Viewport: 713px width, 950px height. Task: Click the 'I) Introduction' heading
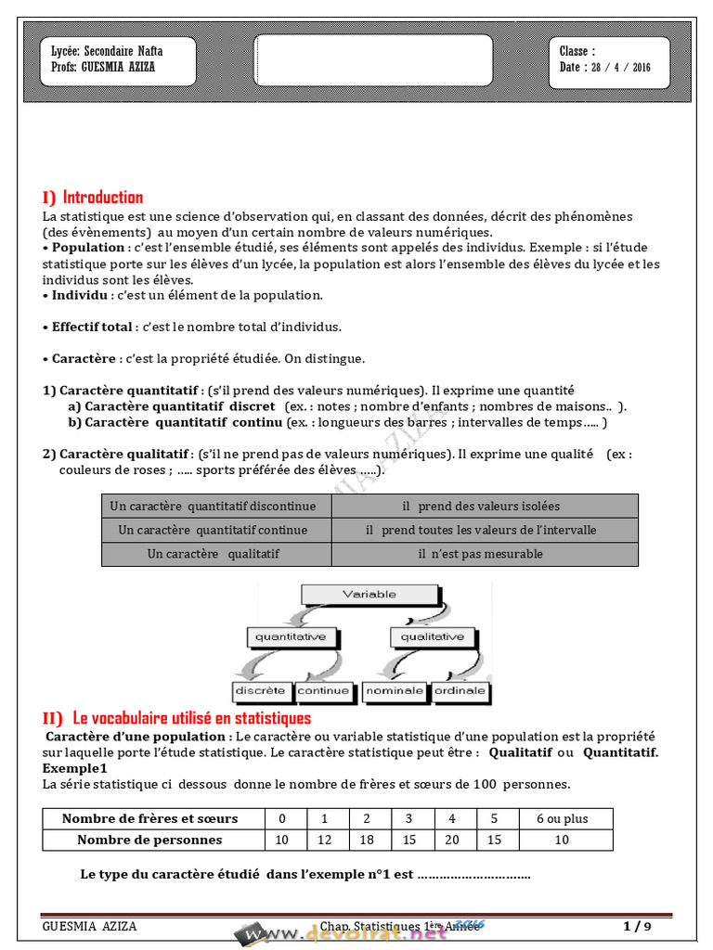click(x=93, y=197)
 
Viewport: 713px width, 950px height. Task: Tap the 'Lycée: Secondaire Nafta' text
click(x=107, y=52)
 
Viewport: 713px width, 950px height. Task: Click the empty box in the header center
click(x=372, y=60)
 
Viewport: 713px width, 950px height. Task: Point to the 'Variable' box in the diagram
click(x=369, y=595)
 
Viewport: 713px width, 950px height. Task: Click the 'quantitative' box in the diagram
click(x=291, y=637)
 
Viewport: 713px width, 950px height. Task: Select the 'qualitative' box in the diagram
click(x=432, y=637)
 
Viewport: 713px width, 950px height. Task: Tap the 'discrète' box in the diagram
click(x=260, y=691)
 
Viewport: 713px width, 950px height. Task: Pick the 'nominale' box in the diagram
click(x=395, y=691)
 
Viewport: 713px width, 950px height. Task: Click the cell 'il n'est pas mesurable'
click(x=485, y=554)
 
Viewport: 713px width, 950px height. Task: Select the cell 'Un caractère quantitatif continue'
click(x=216, y=530)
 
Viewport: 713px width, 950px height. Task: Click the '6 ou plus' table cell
click(x=562, y=818)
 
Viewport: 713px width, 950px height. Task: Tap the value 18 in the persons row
click(x=367, y=840)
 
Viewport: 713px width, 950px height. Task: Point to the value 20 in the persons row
click(x=452, y=840)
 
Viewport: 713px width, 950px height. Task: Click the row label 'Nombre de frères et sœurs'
click(x=150, y=818)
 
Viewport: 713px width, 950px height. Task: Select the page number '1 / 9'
click(x=638, y=926)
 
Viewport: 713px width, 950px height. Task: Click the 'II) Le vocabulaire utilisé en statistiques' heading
click(x=177, y=718)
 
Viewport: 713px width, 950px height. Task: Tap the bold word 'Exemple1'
click(x=75, y=768)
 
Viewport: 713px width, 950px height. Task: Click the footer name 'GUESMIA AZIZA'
click(x=89, y=926)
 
